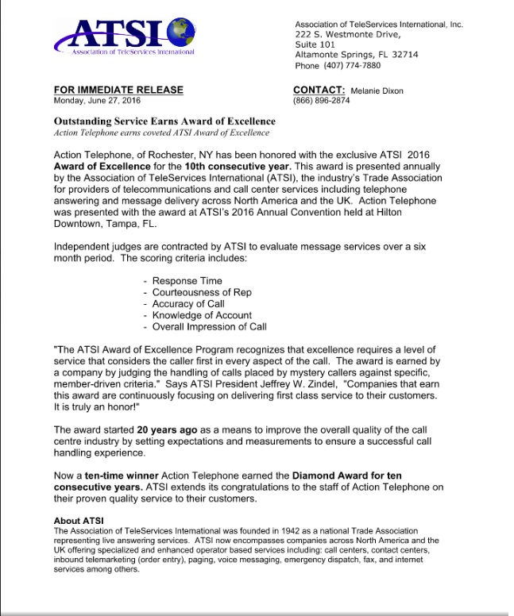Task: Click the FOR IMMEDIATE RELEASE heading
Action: click(118, 90)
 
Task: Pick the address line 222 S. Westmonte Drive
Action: click(347, 35)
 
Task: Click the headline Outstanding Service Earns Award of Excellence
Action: click(164, 121)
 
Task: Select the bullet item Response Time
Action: click(187, 281)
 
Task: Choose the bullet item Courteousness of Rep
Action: click(202, 292)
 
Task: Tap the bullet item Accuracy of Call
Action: click(188, 304)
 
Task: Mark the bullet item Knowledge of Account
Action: click(202, 315)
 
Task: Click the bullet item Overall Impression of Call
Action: click(209, 326)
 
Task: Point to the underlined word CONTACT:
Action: click(319, 90)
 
